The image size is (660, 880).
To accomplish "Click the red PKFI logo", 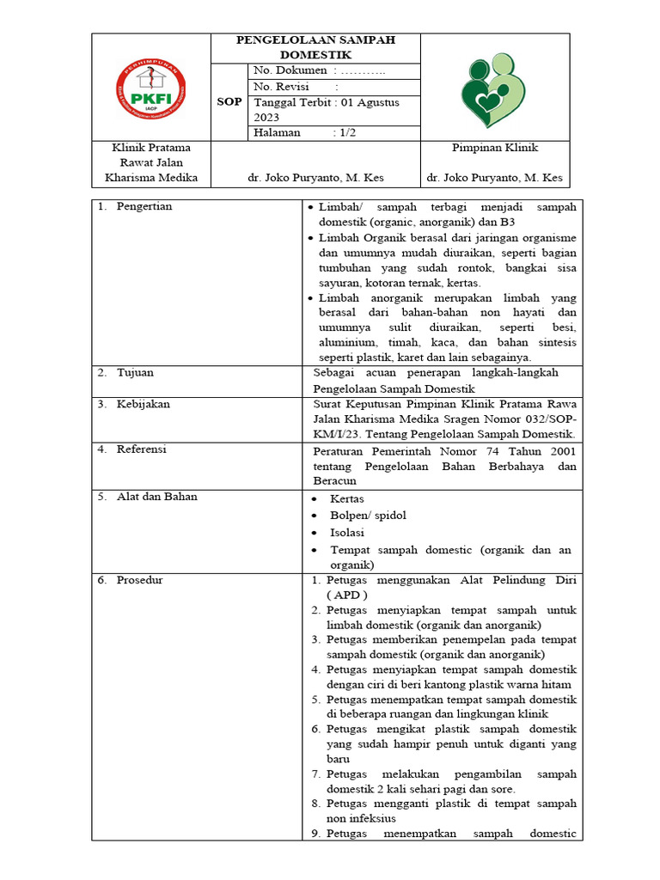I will click(x=151, y=87).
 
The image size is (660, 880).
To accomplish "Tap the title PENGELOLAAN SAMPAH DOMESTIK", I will click(x=315, y=47).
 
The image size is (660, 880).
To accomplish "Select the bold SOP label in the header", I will click(x=229, y=101).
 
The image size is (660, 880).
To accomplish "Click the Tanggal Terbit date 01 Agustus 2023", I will click(x=326, y=109).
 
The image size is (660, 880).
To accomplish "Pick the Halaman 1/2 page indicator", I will click(x=296, y=132).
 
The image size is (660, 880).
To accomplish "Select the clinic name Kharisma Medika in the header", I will click(x=151, y=178).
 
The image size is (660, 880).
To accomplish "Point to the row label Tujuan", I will click(x=135, y=373).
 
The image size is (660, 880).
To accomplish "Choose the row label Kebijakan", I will click(x=144, y=403).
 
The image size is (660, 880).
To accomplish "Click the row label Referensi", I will click(x=142, y=449).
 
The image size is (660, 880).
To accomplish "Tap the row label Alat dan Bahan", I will click(x=156, y=496).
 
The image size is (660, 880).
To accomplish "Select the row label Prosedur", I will click(x=140, y=580).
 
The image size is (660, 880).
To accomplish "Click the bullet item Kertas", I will click(x=347, y=498).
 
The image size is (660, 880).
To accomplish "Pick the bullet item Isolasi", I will click(x=347, y=532).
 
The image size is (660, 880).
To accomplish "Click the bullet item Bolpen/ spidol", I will click(x=368, y=515).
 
